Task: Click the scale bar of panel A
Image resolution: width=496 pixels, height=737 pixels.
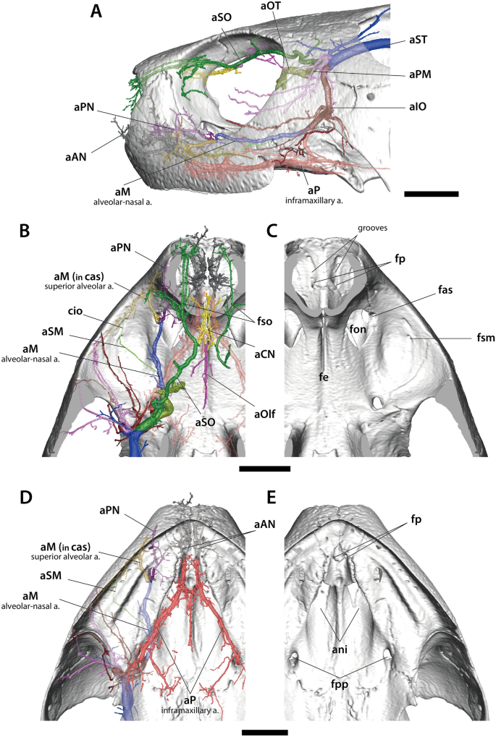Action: tap(432, 194)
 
